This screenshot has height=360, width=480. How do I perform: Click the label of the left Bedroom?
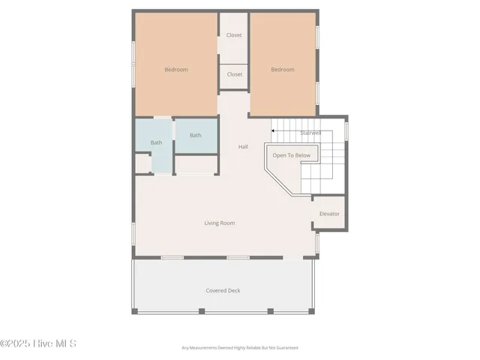(176, 70)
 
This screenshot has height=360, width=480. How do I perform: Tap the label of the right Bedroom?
(283, 70)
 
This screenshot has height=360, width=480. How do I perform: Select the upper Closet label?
(235, 34)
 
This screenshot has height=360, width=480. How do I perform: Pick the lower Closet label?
(235, 74)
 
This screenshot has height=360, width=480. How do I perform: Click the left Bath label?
(156, 142)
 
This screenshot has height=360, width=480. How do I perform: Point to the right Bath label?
(195, 136)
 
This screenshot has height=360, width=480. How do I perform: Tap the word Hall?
(243, 147)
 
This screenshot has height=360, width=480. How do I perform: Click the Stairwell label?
(311, 133)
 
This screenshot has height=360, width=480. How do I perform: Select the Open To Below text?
(291, 155)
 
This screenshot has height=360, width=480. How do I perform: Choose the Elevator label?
(329, 214)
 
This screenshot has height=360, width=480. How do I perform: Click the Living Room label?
(220, 223)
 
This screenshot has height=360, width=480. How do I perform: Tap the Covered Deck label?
(223, 290)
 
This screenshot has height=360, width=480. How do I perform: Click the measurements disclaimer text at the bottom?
(240, 348)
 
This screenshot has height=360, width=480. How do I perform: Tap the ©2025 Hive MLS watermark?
(38, 343)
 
